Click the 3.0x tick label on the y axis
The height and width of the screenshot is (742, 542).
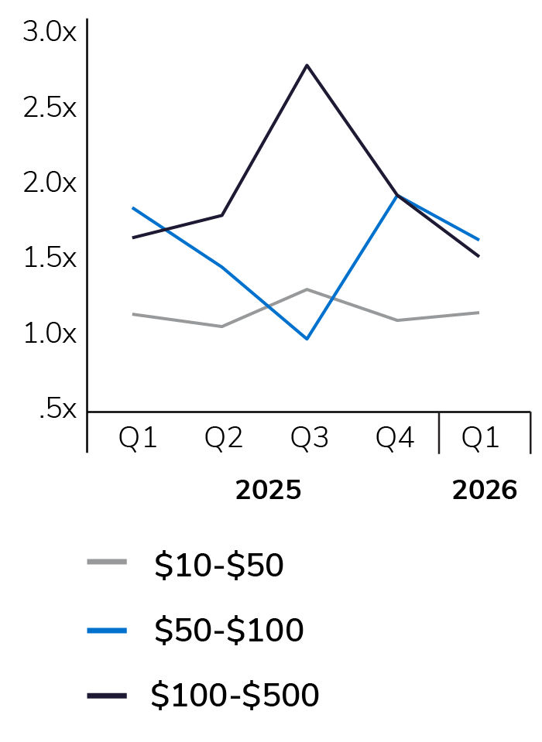click(50, 32)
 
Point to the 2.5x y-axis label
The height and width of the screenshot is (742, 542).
click(50, 108)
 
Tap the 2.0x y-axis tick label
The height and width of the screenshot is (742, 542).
click(50, 183)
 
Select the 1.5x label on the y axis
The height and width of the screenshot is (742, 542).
click(50, 258)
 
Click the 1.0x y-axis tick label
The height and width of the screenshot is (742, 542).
click(50, 333)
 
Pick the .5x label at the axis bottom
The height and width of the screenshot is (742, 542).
click(57, 409)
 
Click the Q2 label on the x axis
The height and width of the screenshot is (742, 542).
click(224, 439)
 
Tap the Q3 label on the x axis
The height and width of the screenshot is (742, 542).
click(310, 439)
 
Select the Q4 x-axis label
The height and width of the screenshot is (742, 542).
click(395, 439)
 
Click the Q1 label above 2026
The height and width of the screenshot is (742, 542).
click(481, 439)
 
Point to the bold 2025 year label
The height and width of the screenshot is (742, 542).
click(268, 491)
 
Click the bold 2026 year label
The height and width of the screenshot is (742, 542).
click(485, 491)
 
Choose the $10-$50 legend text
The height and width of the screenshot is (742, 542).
click(219, 566)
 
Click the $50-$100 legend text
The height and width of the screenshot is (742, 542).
click(228, 631)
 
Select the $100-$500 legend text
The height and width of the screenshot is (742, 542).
click(235, 696)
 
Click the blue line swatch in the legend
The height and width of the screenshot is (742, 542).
click(107, 630)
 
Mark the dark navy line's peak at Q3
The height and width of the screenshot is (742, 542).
click(307, 65)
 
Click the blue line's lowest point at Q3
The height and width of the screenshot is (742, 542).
click(307, 339)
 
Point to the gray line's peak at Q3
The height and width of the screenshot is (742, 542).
click(307, 289)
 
